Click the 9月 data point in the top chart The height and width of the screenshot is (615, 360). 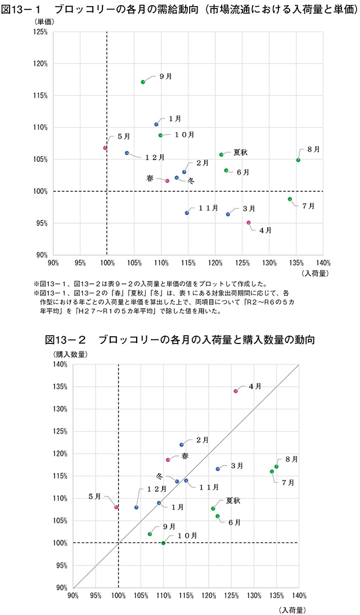tap(143, 82)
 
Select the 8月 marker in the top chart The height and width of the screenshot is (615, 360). tap(298, 160)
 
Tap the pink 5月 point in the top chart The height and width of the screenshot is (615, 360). tap(105, 148)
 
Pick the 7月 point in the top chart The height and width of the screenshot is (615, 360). tap(290, 199)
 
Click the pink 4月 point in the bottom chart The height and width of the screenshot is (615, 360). tap(236, 391)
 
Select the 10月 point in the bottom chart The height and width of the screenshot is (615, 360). tap(163, 543)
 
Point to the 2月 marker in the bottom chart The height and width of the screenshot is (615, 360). tap(181, 445)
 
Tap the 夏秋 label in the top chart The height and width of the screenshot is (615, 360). tap(241, 152)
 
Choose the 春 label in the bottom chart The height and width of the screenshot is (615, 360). tap(185, 456)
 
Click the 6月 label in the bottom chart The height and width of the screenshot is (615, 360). tap(235, 522)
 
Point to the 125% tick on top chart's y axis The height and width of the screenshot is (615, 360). tap(41, 32)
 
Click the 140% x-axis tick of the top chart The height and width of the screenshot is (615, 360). tap(323, 263)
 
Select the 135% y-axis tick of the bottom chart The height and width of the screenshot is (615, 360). tap(61, 387)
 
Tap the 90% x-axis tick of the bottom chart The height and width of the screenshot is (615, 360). tap(73, 595)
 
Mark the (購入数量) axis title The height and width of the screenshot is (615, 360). tap(71, 354)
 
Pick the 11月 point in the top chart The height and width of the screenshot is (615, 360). tap(187, 213)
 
